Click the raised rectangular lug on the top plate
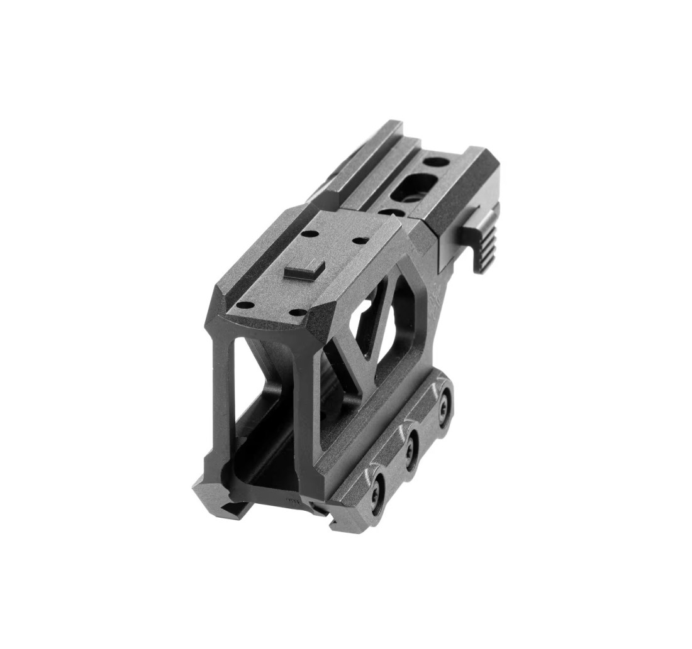point(304,270)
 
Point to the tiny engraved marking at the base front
point(292,501)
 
